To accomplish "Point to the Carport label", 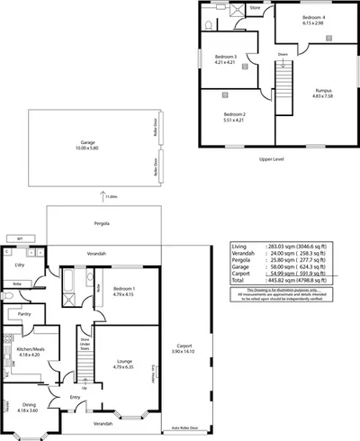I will point(184,347).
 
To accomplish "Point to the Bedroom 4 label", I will point(313,19).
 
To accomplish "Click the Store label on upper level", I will point(255,8).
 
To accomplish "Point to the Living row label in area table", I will point(239,246).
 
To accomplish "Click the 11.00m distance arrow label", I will point(111,197).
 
